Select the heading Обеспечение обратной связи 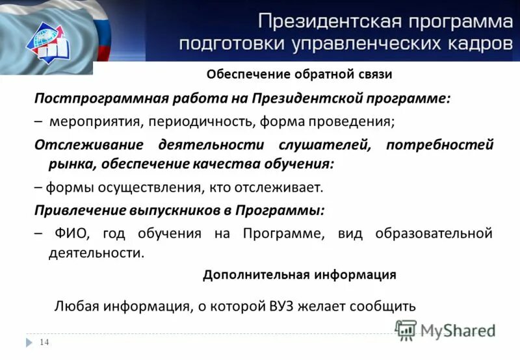click(x=299, y=74)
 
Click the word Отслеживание click(x=85, y=144)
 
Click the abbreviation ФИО click(x=66, y=233)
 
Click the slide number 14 click(x=44, y=342)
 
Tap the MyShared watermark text click(x=458, y=330)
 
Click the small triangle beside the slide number click(x=29, y=342)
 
